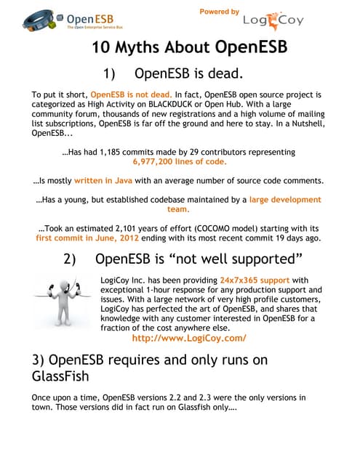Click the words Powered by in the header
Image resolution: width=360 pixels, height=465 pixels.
[x=219, y=12]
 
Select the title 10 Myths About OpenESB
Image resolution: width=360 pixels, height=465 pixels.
[x=191, y=49]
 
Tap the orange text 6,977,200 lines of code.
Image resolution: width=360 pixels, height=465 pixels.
[x=179, y=163]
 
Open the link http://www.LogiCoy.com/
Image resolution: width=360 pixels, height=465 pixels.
[x=189, y=338]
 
